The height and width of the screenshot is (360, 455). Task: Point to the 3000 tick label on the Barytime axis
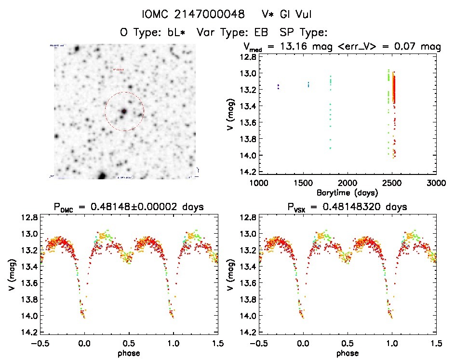(436, 183)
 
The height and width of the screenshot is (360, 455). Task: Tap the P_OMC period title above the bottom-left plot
(129, 207)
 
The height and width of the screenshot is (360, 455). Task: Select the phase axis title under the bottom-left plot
(129, 353)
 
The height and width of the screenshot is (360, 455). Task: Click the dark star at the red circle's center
(124, 111)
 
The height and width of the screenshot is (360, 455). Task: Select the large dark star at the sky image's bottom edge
(102, 175)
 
